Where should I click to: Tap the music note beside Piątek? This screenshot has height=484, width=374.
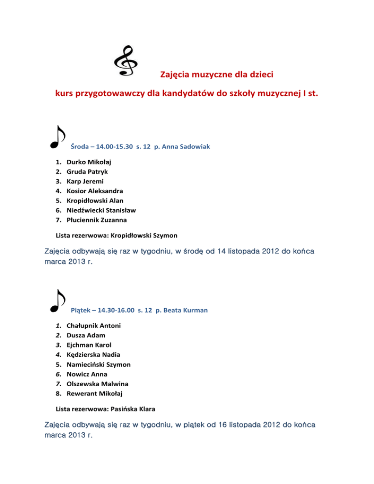click(57, 300)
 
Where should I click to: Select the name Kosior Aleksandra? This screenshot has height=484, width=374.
click(94, 190)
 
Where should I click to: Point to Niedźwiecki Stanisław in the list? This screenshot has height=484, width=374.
click(101, 210)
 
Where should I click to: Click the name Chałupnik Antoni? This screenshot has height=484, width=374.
click(93, 325)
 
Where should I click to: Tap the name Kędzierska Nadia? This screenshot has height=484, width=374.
click(93, 354)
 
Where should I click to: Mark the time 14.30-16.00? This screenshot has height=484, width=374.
click(117, 310)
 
